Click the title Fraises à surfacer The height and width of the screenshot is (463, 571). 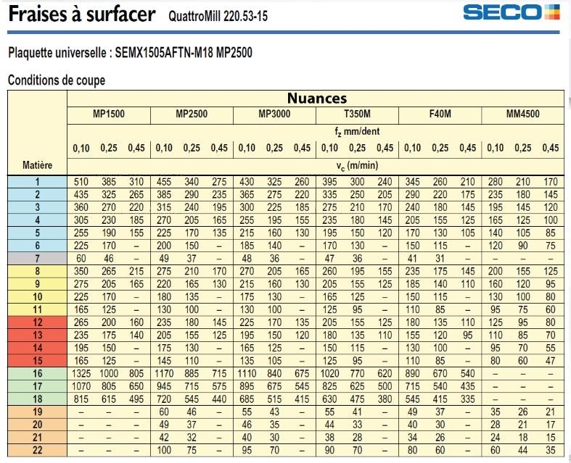click(83, 14)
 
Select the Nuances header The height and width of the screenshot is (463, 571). click(316, 99)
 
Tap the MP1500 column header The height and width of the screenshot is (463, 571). click(109, 114)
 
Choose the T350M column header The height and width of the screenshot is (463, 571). click(357, 114)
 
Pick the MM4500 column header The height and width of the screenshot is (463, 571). click(522, 114)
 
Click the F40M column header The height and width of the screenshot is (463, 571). click(440, 114)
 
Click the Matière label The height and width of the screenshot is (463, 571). click(38, 165)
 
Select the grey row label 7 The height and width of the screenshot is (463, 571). click(38, 258)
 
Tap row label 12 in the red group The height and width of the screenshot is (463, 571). click(38, 322)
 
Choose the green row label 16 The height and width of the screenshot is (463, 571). click(38, 373)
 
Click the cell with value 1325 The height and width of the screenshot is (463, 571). click(81, 373)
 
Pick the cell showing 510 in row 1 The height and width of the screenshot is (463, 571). click(81, 181)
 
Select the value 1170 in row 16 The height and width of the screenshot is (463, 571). click(164, 373)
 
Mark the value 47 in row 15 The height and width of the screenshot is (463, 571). click(550, 361)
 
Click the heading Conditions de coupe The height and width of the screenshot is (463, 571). click(57, 80)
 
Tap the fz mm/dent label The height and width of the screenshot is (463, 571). click(357, 132)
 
